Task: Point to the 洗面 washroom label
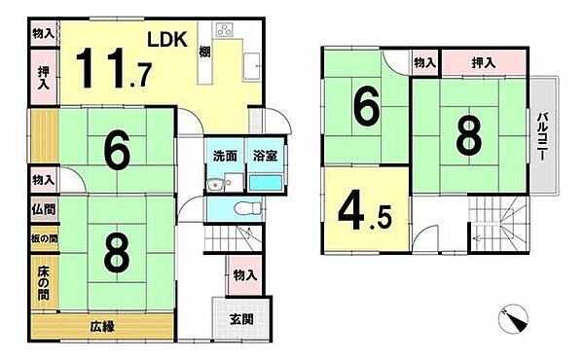pos(225,155)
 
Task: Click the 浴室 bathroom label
pos(264,155)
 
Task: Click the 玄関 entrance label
pos(242,318)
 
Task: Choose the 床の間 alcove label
pos(43,282)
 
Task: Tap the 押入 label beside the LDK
pos(43,78)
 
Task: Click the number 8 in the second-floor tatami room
pos(467,136)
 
